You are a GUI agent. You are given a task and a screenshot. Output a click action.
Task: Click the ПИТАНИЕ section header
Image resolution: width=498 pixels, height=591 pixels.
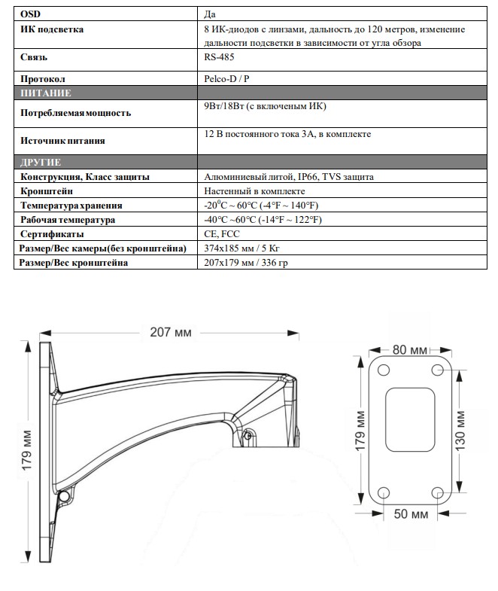[x=47, y=93]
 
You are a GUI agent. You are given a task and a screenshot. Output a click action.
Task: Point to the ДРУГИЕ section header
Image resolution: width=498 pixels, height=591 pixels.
[x=42, y=163]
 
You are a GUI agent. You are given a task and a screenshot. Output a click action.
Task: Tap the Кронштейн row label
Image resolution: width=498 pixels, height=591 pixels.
[x=47, y=191]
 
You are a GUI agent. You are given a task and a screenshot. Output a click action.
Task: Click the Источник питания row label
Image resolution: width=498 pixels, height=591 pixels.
[x=63, y=140]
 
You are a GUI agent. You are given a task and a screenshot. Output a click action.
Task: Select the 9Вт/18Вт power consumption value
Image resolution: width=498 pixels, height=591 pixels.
[x=264, y=107]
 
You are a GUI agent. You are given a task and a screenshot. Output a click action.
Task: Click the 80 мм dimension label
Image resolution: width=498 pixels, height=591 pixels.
[x=410, y=350]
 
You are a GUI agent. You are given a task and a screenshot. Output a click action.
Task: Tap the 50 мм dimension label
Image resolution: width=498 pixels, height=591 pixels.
[x=410, y=514]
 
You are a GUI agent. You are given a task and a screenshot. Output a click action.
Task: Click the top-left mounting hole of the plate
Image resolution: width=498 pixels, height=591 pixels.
[x=383, y=370]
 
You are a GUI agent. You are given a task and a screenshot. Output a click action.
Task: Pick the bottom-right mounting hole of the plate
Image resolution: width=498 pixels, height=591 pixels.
[x=439, y=492]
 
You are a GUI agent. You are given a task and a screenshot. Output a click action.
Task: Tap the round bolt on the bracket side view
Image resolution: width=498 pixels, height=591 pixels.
[x=65, y=495]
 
